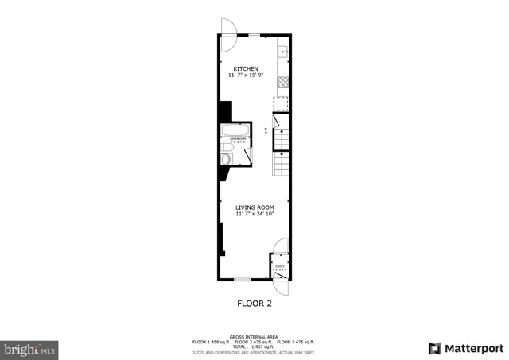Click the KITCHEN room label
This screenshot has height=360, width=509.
tap(246, 68)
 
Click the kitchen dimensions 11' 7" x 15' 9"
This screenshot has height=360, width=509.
tap(246, 75)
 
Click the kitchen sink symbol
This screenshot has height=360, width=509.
tap(282, 52)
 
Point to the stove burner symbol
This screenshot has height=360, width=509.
tap(282, 83)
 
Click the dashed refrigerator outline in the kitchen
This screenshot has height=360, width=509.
tap(280, 105)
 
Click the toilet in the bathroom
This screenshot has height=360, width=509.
tap(226, 159)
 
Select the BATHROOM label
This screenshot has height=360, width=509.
tap(237, 140)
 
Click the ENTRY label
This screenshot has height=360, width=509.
tap(279, 267)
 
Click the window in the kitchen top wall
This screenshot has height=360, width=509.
tap(254, 34)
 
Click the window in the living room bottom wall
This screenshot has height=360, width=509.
tap(243, 279)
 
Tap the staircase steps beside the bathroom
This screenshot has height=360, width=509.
tap(281, 163)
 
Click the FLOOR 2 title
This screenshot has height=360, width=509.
tap(255, 303)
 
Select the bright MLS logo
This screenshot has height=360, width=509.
tap(30, 348)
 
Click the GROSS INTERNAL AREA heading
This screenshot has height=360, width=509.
tap(254, 337)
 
